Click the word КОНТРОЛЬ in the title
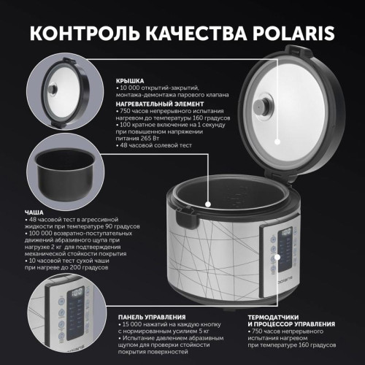point(73,33)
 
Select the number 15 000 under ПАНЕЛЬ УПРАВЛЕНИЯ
point(133,323)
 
